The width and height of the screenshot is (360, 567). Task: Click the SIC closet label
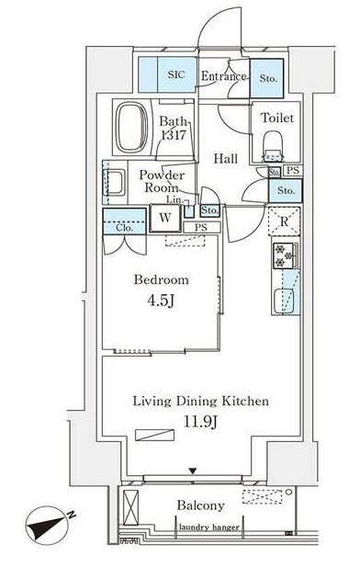pos(176,74)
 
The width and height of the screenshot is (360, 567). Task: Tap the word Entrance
pos(223,76)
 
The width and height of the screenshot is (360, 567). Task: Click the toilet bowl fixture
pos(274,145)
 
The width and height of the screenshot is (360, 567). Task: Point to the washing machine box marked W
pos(165,218)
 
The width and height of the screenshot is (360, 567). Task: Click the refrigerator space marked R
pos(284,221)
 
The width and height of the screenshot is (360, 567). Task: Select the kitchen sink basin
pos(284,301)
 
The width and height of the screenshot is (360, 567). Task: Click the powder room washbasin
pos(114,183)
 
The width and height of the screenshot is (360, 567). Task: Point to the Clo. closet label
pos(125,228)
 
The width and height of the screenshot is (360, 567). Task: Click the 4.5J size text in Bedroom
pos(161,301)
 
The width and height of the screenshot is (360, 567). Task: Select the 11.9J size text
pos(200,421)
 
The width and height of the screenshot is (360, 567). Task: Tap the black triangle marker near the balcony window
pos(193,471)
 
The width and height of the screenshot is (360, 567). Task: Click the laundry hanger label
pos(208,527)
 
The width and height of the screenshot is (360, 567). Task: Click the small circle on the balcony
pos(288,492)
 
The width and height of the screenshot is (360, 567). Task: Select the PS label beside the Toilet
pos(293,170)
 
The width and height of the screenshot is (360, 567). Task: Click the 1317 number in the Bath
pos(174,135)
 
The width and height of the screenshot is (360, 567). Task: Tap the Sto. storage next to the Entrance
pos(268,78)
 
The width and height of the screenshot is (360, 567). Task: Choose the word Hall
pos(225,158)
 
